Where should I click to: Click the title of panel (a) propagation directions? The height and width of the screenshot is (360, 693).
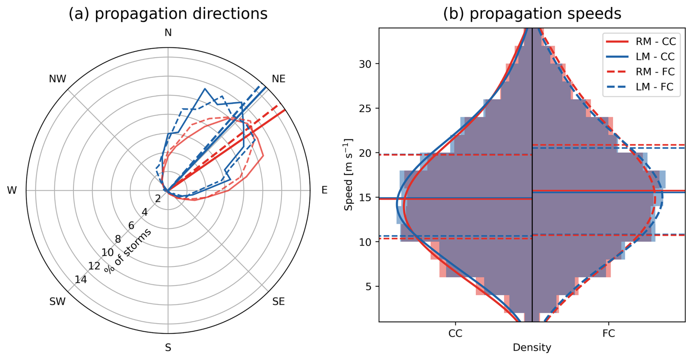tap(168, 14)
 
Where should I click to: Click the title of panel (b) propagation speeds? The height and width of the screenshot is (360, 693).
tap(532, 14)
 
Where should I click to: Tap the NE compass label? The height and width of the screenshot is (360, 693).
tap(278, 79)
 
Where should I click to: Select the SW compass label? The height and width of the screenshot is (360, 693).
tap(58, 301)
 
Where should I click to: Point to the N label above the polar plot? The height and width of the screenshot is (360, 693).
tap(168, 33)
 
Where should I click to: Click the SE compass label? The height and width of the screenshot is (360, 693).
tap(278, 301)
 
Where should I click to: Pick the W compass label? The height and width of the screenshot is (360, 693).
tap(12, 190)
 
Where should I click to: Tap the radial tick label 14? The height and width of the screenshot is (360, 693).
tap(81, 280)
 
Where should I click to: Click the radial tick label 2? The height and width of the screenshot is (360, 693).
tap(158, 198)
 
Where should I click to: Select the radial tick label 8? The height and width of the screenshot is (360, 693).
tap(118, 239)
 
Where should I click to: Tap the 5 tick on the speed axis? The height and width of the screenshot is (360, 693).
tap(368, 286)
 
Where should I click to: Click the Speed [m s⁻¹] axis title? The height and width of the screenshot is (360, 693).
tap(348, 175)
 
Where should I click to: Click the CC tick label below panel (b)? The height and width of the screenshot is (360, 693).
tap(455, 334)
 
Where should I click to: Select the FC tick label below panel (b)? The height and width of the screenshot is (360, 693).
tap(608, 334)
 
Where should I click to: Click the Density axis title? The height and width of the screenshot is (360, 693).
tap(532, 347)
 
